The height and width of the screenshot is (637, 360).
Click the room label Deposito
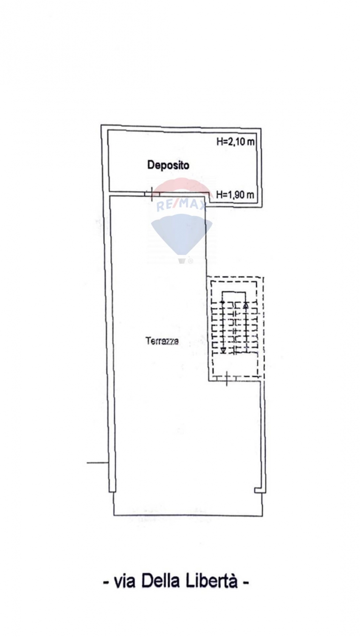point(168,165)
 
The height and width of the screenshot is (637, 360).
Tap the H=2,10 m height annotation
point(235,142)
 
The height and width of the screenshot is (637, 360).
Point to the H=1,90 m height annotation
point(235,195)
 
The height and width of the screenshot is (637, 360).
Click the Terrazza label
point(162,341)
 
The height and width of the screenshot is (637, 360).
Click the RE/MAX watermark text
point(181,206)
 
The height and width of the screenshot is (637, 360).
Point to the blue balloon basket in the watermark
point(182,260)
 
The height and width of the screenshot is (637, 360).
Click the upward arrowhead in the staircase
point(245,305)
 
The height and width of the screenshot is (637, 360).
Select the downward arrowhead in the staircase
point(223,350)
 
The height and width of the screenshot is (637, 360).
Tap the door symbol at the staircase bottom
point(227,378)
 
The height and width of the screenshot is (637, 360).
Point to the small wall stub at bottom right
point(257,490)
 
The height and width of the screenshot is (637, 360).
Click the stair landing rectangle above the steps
point(234,296)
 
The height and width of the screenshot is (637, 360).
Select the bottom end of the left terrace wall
point(112,490)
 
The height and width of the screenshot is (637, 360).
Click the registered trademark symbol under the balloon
point(191,261)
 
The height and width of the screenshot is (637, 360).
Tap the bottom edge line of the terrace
point(188,516)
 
